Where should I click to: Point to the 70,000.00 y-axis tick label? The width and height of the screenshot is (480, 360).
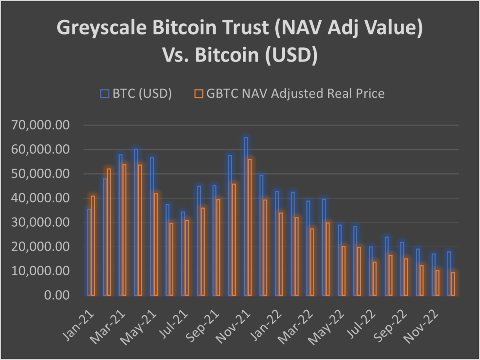click(46, 125)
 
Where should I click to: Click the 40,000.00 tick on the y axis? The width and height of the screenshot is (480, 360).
click(46, 198)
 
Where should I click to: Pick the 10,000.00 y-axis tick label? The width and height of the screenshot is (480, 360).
click(46, 271)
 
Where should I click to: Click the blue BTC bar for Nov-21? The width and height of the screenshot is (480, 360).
click(246, 216)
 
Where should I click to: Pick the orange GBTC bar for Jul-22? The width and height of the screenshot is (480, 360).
click(375, 278)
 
